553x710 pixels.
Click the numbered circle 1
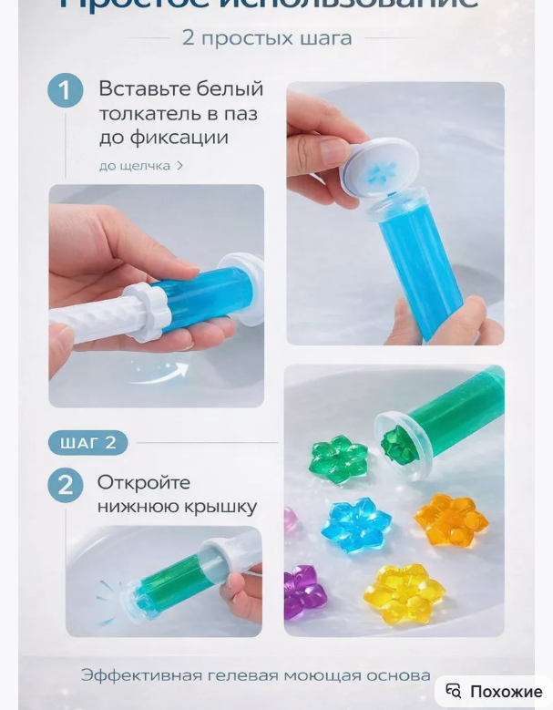point(66,91)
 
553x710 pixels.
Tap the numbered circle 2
point(66,485)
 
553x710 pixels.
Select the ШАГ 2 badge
point(87,443)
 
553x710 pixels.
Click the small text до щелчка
point(135,166)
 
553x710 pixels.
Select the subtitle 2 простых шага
point(266,38)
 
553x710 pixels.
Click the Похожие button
point(506,691)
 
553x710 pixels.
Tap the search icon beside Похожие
point(454,691)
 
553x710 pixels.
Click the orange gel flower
point(450,520)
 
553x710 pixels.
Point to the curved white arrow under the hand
point(160,370)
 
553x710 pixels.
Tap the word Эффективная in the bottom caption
point(140,675)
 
